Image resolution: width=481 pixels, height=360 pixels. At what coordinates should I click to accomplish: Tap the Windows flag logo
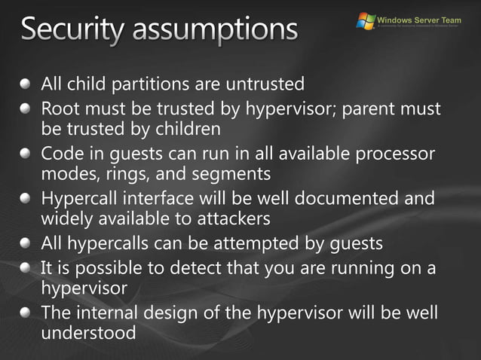(366, 21)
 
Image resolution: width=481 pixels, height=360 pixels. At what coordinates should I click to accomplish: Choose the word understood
(89, 332)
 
